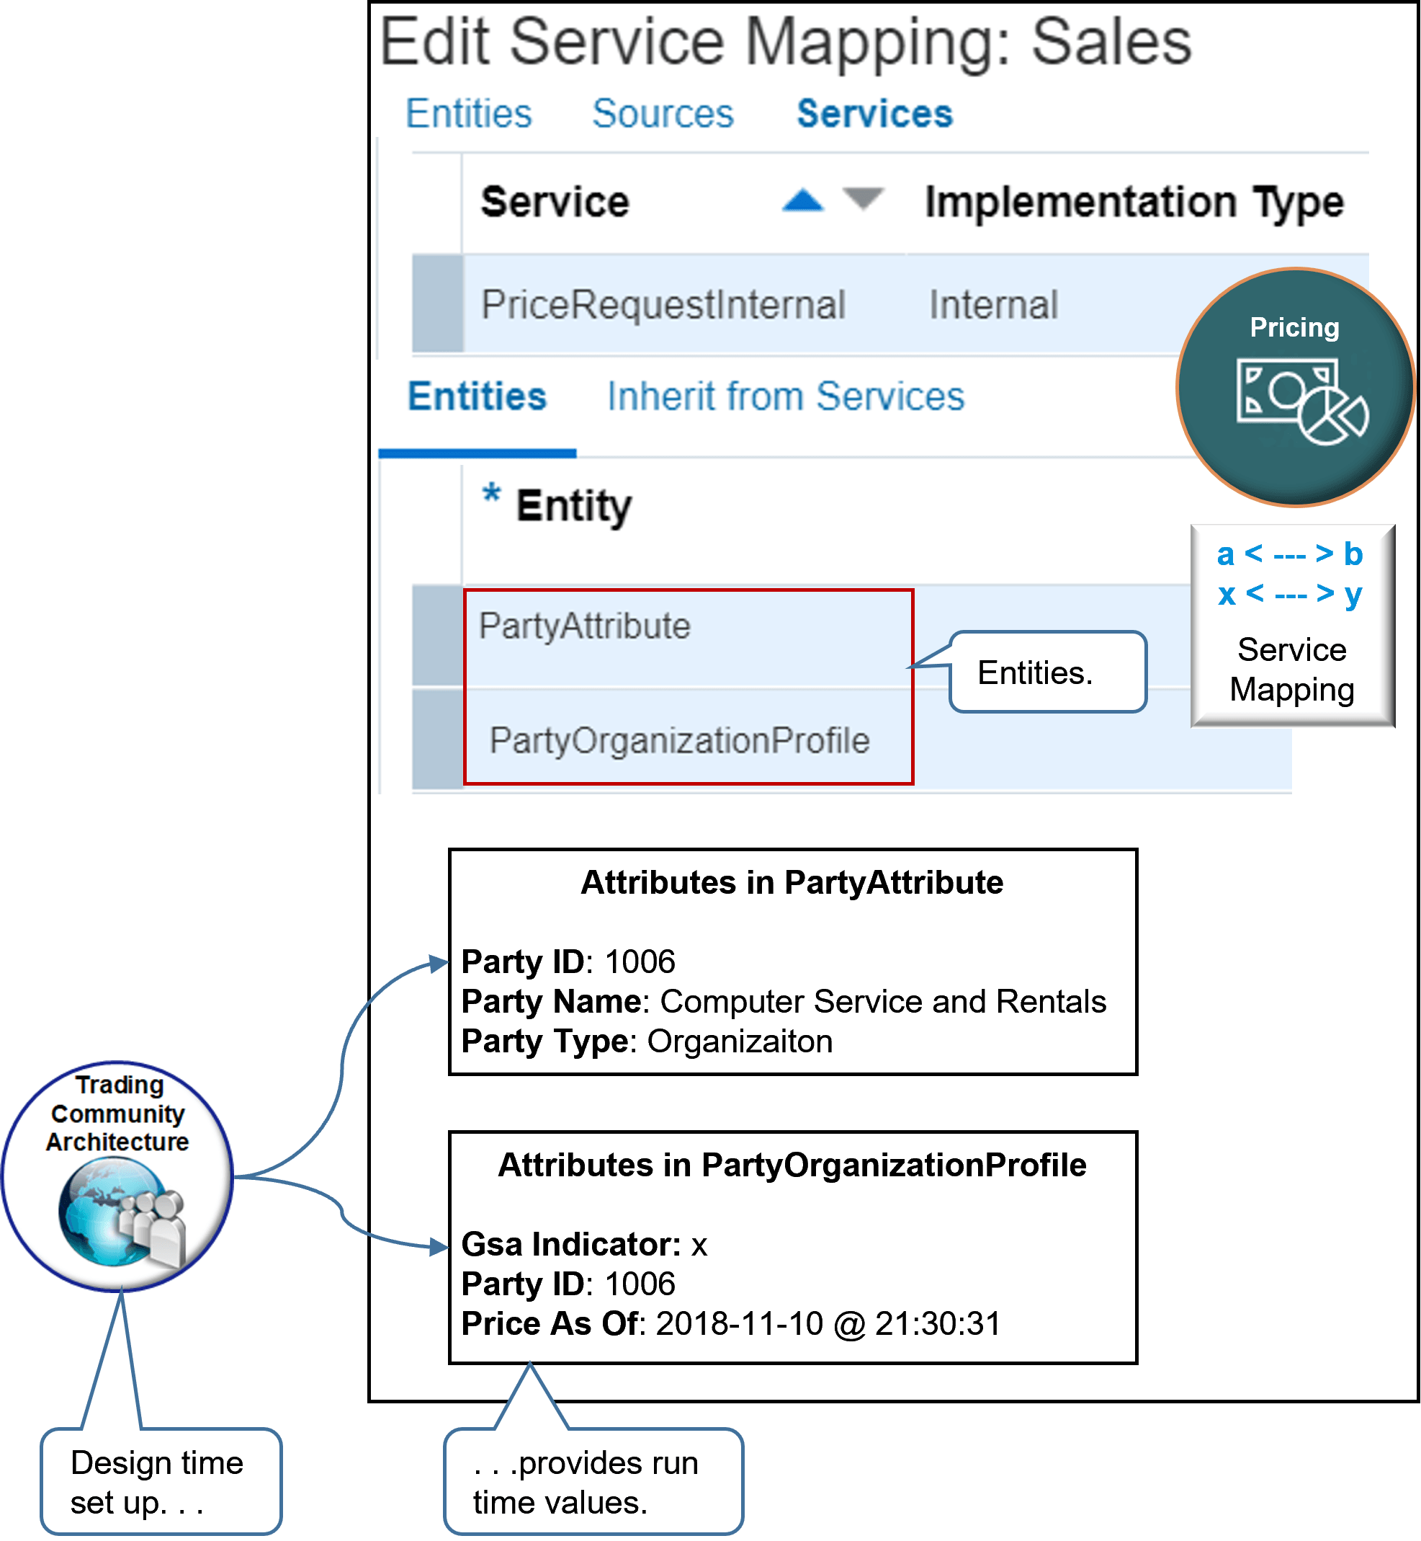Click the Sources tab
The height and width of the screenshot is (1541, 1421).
(662, 114)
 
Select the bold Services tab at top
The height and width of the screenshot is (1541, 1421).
(874, 114)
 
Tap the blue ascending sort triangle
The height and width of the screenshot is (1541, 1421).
(802, 201)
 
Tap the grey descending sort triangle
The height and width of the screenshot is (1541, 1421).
(863, 198)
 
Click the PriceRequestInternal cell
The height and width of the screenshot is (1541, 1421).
(663, 305)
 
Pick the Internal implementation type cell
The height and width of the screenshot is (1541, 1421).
(992, 305)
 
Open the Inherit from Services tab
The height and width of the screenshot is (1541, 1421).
(785, 397)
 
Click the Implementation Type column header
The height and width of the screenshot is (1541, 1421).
(1134, 203)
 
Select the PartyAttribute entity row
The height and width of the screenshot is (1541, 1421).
(584, 626)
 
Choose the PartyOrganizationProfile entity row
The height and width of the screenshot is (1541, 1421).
(679, 741)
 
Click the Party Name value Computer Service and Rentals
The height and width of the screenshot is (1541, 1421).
(882, 1002)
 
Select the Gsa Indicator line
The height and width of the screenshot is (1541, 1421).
(583, 1244)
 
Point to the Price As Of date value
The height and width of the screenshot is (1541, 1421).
(828, 1324)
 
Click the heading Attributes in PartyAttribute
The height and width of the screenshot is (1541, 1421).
(792, 882)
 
